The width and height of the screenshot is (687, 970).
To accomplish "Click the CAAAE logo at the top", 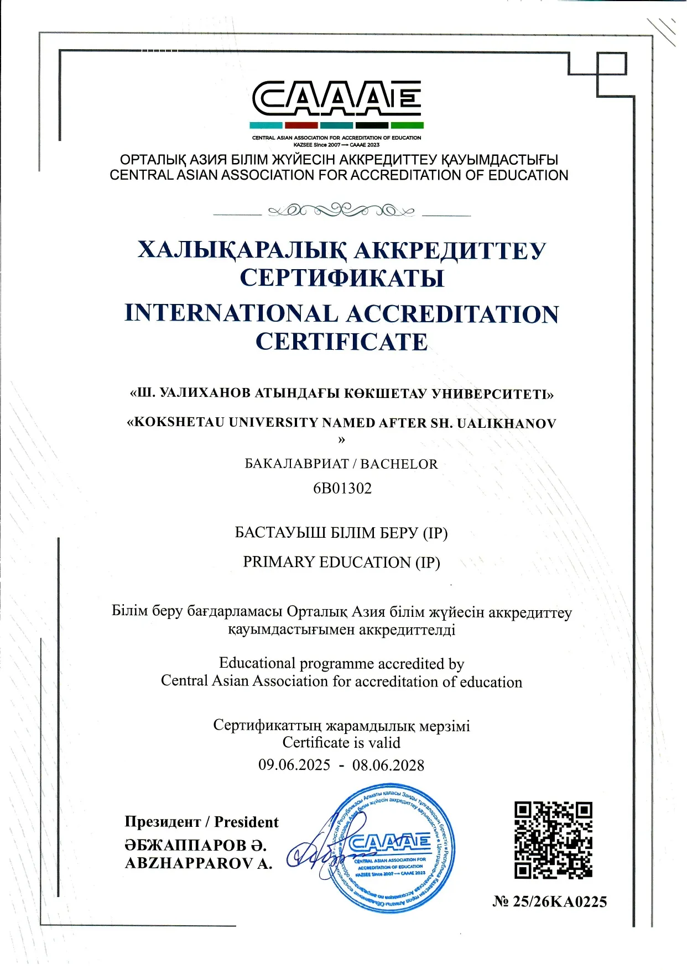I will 336,98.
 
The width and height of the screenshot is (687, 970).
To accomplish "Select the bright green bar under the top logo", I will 407,125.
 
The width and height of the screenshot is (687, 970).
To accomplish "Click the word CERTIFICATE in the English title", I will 341,342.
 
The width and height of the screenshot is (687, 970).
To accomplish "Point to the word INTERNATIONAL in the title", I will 231,313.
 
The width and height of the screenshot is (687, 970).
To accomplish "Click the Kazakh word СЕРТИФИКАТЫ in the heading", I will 342,277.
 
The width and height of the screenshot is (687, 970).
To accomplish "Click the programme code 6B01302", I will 342,488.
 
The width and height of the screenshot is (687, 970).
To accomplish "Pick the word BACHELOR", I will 399,464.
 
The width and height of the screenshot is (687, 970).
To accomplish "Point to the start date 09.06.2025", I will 294,765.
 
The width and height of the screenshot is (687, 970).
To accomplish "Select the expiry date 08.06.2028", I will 388,765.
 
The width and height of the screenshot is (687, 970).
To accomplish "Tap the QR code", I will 553,840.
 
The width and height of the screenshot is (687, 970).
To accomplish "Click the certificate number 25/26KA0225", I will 559,901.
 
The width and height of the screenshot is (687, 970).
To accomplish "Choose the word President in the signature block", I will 246,822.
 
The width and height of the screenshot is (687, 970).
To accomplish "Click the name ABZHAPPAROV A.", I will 199,863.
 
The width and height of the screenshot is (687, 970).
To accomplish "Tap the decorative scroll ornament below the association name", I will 341,211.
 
